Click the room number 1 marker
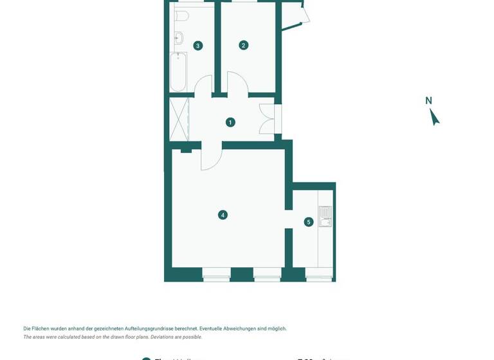(230, 122)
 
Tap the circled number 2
(243, 45)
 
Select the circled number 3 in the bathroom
(197, 45)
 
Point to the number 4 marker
(223, 215)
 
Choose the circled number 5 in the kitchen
(309, 222)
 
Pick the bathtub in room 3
(178, 72)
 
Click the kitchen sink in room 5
(325, 217)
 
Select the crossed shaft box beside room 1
(179, 119)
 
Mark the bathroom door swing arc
(203, 85)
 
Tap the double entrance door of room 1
(268, 119)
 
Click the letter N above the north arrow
(428, 100)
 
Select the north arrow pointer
(435, 117)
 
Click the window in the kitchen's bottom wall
(319, 278)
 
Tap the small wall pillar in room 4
(187, 150)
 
